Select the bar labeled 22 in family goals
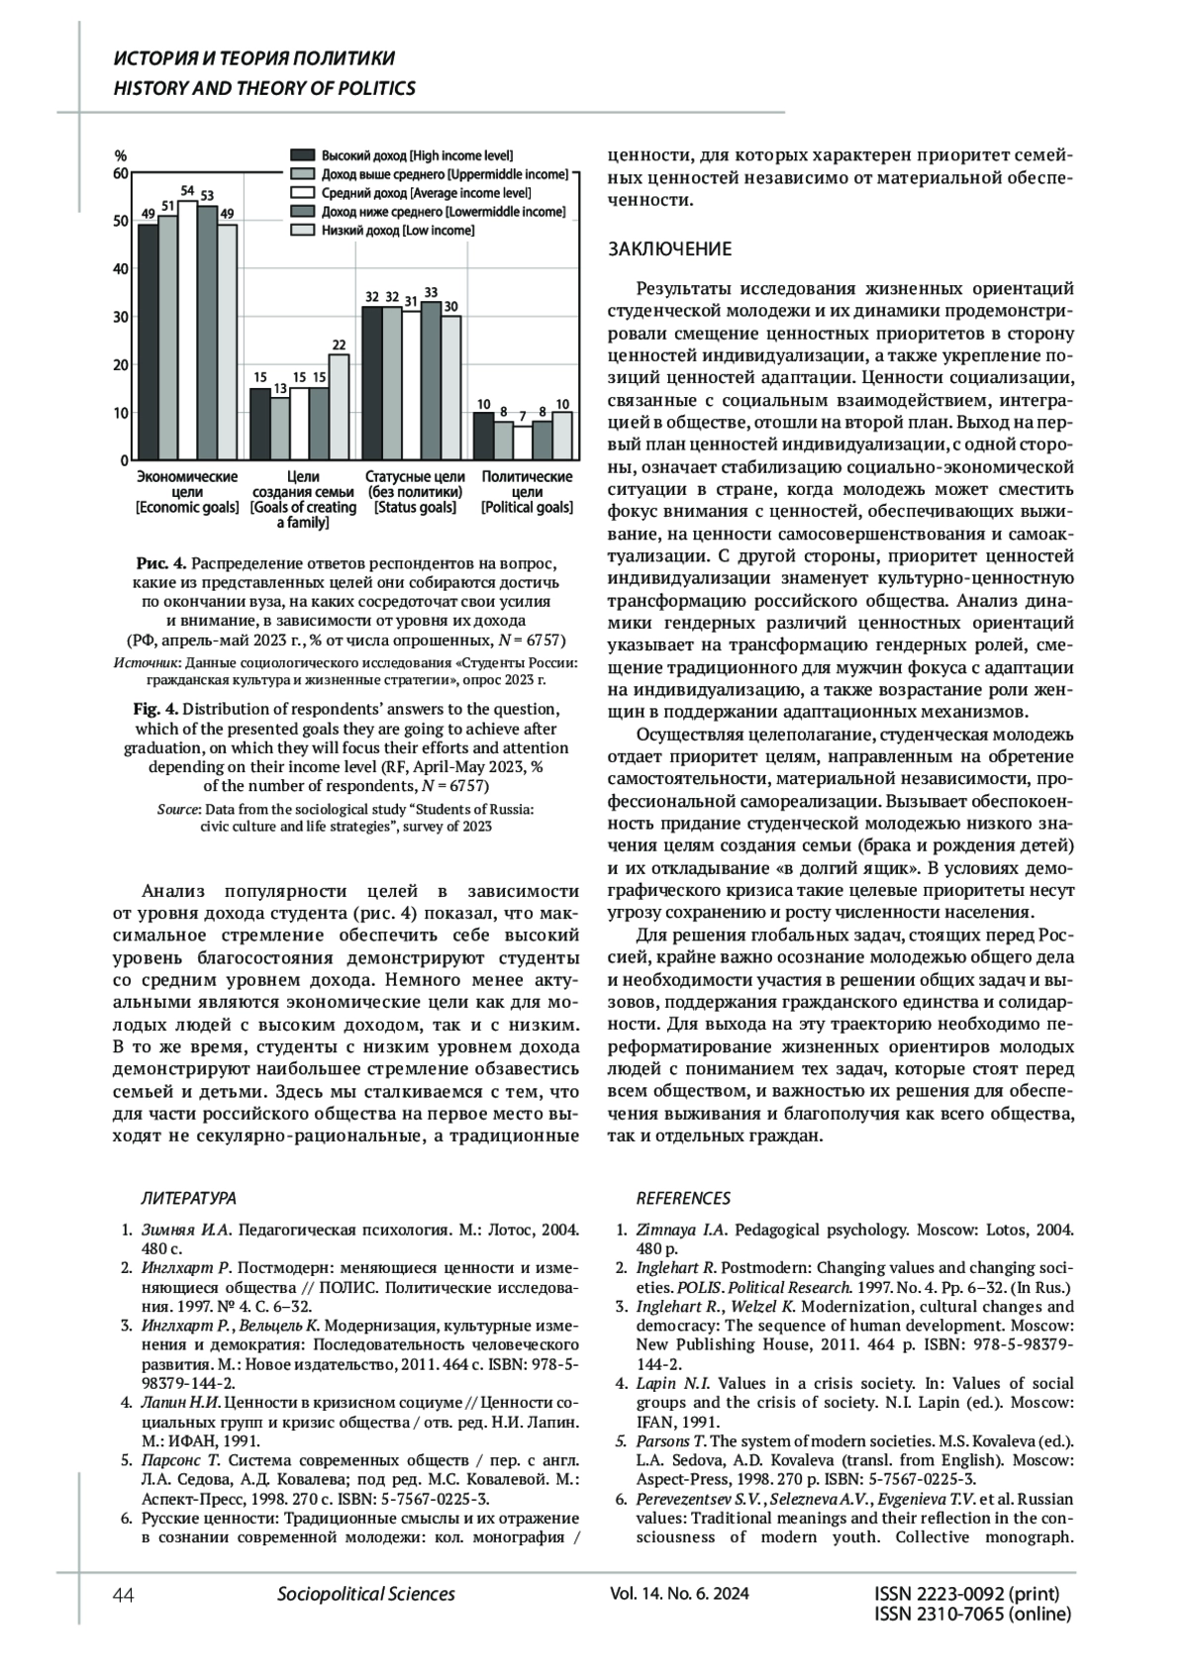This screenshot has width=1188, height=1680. [339, 406]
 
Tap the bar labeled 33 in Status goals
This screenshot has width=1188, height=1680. [431, 380]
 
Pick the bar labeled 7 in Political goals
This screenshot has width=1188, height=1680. [523, 443]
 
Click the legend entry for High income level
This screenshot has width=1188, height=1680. [401, 155]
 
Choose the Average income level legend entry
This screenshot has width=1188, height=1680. [410, 193]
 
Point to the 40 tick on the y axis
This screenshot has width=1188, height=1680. [120, 269]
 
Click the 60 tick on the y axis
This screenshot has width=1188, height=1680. [120, 173]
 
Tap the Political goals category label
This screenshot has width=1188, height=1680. [527, 492]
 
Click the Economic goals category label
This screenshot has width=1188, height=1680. [187, 492]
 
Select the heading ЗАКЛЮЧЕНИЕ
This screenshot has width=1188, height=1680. [670, 249]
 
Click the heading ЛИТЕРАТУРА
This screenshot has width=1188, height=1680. [189, 1199]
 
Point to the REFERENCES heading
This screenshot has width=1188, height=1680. [683, 1199]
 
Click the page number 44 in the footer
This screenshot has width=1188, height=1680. [125, 1595]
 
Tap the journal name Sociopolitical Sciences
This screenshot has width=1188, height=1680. [366, 1595]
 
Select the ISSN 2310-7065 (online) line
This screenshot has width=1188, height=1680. [973, 1615]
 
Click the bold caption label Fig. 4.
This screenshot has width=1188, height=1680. [156, 709]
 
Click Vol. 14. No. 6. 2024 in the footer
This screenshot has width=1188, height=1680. [680, 1594]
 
